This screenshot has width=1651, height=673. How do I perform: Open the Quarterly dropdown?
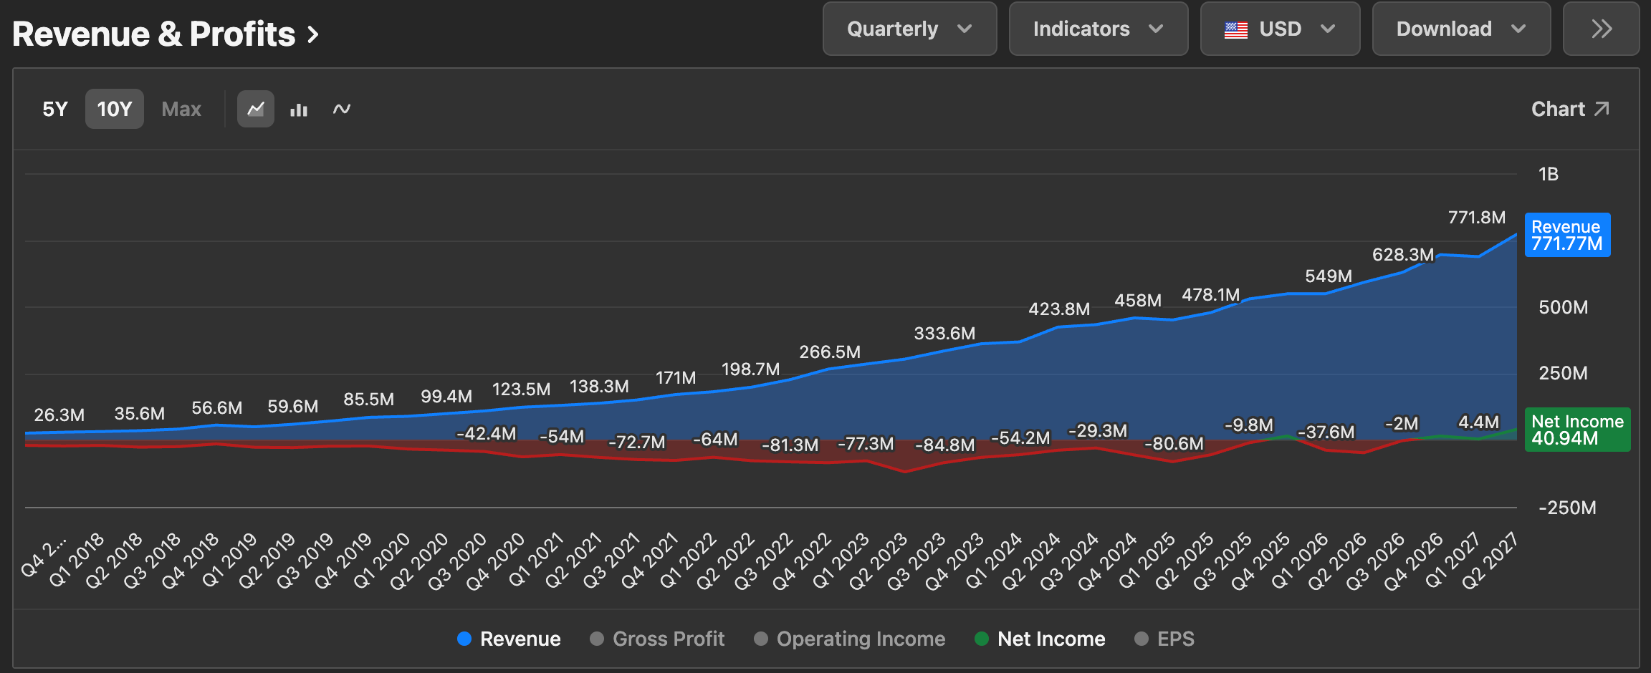(x=909, y=29)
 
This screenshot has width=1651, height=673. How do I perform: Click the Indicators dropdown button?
(x=1099, y=29)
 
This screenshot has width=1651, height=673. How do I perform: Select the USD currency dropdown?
(x=1280, y=29)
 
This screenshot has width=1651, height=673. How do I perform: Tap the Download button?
(x=1461, y=29)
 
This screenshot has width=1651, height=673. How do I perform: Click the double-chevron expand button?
(x=1601, y=29)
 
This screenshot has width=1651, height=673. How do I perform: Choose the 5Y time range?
(x=55, y=109)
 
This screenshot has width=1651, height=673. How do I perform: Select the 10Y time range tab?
(x=115, y=109)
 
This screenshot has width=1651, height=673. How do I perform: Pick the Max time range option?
(x=181, y=109)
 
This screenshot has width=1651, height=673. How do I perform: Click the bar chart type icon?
(x=299, y=110)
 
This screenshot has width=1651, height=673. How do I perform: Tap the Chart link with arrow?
(x=1570, y=109)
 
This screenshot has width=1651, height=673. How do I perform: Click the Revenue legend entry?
(x=509, y=639)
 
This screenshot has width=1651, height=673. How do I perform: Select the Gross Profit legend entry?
(x=657, y=639)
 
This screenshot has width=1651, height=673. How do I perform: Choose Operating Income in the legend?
(x=849, y=639)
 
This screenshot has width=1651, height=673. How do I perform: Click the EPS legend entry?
(x=1164, y=639)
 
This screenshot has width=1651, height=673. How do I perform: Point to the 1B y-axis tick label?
(x=1549, y=174)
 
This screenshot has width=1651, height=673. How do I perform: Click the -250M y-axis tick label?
(x=1567, y=508)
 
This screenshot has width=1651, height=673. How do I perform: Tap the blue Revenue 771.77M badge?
(x=1567, y=235)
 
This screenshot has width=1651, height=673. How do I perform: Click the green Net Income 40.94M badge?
(x=1577, y=430)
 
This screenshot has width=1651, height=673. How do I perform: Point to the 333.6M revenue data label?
(x=944, y=334)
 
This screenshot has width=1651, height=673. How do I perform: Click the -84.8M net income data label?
(x=945, y=445)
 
